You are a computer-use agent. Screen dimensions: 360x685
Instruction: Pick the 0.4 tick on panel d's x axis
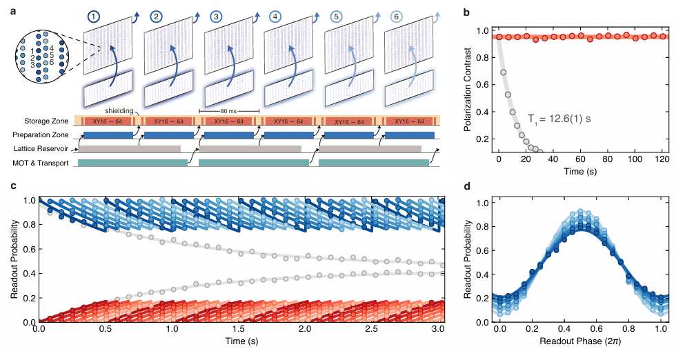point(544,333)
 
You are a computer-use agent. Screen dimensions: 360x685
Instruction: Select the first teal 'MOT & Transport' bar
point(132,163)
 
